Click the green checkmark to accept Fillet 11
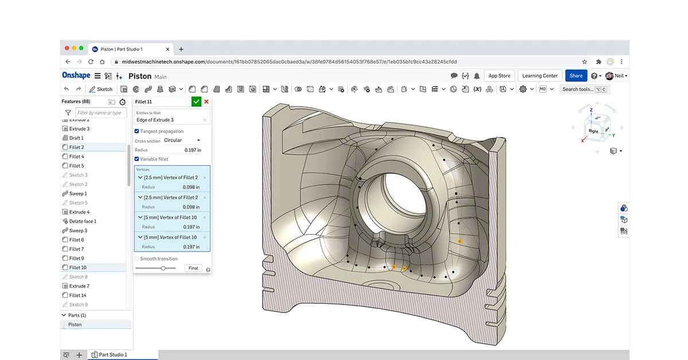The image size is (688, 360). (x=196, y=101)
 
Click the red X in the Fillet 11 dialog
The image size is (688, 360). (x=206, y=101)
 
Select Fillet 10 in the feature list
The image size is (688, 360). (x=77, y=268)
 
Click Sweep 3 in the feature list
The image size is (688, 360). (x=78, y=230)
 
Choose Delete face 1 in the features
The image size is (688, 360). (x=83, y=221)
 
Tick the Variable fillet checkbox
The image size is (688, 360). (x=137, y=159)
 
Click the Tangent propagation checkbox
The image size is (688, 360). (x=137, y=131)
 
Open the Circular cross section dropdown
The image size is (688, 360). (x=182, y=140)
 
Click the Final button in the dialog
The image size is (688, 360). (x=193, y=268)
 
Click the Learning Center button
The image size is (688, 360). (x=540, y=76)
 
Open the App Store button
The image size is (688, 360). (x=499, y=76)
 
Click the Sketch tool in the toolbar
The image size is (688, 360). (x=101, y=89)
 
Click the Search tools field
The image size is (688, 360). (x=577, y=89)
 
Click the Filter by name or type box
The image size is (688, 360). (x=101, y=113)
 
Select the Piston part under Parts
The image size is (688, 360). (x=75, y=324)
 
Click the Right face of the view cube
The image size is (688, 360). (x=593, y=131)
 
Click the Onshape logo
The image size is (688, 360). (x=76, y=76)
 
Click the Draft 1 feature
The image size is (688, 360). (x=76, y=138)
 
